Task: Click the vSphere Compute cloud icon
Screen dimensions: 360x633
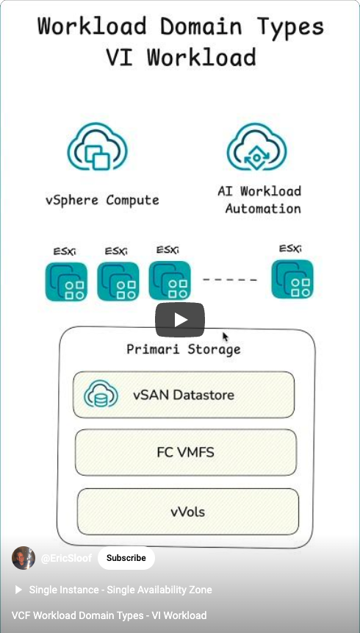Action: click(x=97, y=146)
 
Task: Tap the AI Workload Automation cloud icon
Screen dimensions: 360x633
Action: click(x=256, y=146)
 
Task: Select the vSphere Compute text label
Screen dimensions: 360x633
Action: click(x=102, y=200)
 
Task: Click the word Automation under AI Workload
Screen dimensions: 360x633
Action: click(x=263, y=209)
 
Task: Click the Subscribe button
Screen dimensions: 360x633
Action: click(x=126, y=558)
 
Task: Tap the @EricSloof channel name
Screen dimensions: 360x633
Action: click(x=66, y=558)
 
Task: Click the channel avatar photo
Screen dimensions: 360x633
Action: click(x=24, y=558)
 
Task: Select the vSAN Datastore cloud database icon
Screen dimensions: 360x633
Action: click(x=101, y=393)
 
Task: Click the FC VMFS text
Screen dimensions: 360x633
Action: click(x=185, y=453)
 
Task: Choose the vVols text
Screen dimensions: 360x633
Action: click(x=187, y=512)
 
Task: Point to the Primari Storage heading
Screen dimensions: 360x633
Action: click(x=184, y=349)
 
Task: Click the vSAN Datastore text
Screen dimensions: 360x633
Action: click(x=184, y=394)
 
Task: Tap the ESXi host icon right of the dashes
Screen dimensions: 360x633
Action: click(x=292, y=279)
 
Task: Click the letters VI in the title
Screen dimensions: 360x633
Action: click(x=120, y=57)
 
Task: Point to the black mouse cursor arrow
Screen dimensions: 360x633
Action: click(x=226, y=337)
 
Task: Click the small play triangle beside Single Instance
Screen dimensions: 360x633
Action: click(x=18, y=590)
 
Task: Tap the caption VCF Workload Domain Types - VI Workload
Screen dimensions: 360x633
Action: click(x=109, y=615)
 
